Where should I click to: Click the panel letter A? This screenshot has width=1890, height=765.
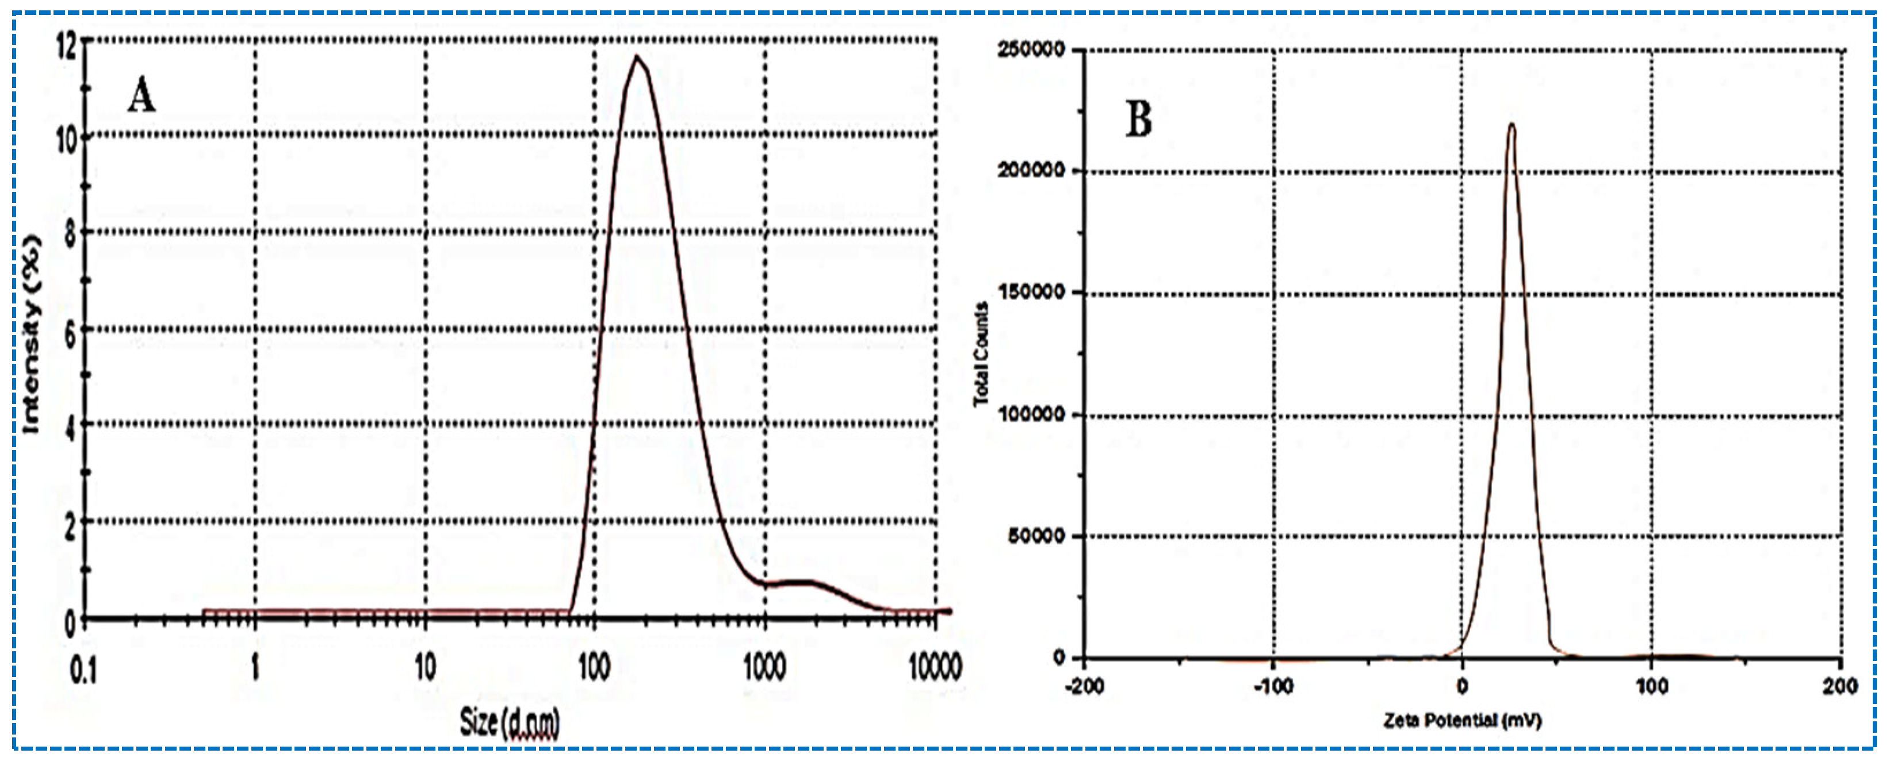[x=141, y=96]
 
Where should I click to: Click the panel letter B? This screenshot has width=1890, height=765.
[x=1139, y=120]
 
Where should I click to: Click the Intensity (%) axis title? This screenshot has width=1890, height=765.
[x=32, y=335]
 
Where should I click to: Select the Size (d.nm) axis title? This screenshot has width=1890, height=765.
[x=509, y=722]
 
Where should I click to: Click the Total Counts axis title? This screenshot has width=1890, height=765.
[x=981, y=354]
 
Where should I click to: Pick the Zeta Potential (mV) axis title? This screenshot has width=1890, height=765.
[x=1462, y=721]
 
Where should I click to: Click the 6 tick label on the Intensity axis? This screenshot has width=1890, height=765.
[x=70, y=335]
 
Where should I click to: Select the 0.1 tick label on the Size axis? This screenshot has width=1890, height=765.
[x=82, y=669]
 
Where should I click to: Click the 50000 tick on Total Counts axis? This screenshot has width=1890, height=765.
[x=1035, y=536]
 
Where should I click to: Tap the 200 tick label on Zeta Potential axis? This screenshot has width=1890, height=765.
[x=1839, y=686]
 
